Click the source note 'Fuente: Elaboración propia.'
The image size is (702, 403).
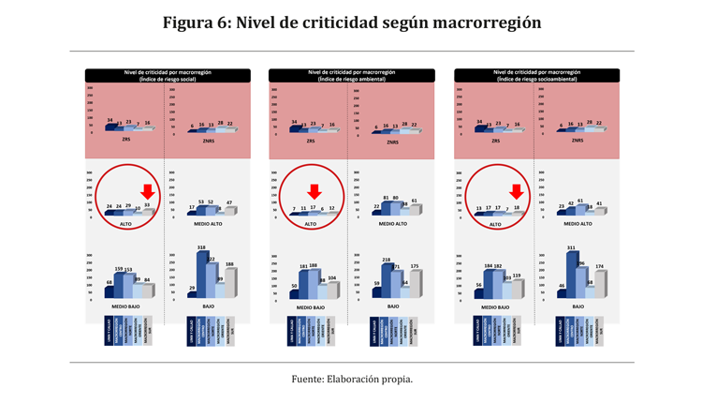pyautogui.click(x=351, y=379)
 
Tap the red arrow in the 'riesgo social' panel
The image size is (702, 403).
pyautogui.click(x=147, y=192)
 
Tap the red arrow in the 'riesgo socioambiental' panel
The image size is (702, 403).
pyautogui.click(x=516, y=192)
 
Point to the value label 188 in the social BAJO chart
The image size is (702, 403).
pyautogui.click(x=229, y=265)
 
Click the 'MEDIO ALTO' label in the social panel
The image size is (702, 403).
pyautogui.click(x=207, y=224)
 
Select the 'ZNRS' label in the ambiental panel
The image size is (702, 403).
pyautogui.click(x=392, y=142)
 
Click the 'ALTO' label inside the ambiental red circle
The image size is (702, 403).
pyautogui.click(x=311, y=224)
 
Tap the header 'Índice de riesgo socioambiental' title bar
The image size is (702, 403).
pyautogui.click(x=537, y=75)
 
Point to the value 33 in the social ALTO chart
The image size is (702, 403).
pyautogui.click(x=147, y=204)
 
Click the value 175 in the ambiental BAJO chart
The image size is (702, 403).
pyautogui.click(x=415, y=267)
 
